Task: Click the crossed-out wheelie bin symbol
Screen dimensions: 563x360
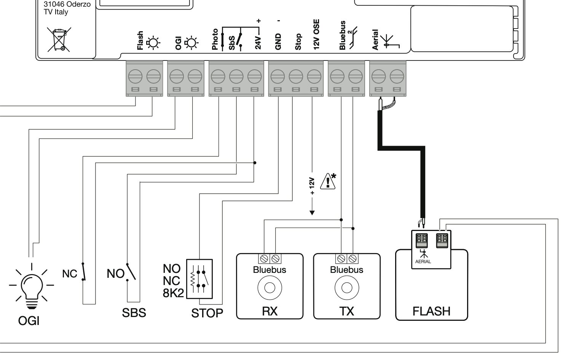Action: pos(59,40)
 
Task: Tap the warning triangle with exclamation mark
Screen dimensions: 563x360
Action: pos(328,181)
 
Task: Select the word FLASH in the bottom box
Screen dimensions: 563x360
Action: pos(431,311)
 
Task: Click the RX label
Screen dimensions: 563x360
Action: pos(270,311)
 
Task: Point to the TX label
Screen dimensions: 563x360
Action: pos(347,311)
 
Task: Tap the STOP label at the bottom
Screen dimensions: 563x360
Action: pos(207,313)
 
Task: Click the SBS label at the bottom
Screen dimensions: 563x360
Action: pos(134,313)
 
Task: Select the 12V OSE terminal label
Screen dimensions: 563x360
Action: pos(316,34)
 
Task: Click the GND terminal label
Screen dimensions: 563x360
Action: pos(278,42)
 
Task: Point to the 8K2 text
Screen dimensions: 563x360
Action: pos(173,293)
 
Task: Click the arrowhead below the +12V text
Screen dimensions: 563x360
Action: pos(312,213)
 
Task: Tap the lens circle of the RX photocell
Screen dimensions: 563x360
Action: pos(270,288)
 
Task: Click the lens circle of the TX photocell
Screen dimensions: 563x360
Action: pos(347,288)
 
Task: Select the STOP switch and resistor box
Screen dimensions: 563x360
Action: pos(199,279)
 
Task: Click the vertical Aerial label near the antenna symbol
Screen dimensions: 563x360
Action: pos(375,40)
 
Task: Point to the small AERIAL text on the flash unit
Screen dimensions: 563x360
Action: pos(423,261)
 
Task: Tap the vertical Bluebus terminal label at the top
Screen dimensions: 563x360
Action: pos(342,35)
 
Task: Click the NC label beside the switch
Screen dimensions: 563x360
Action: pos(70,274)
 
